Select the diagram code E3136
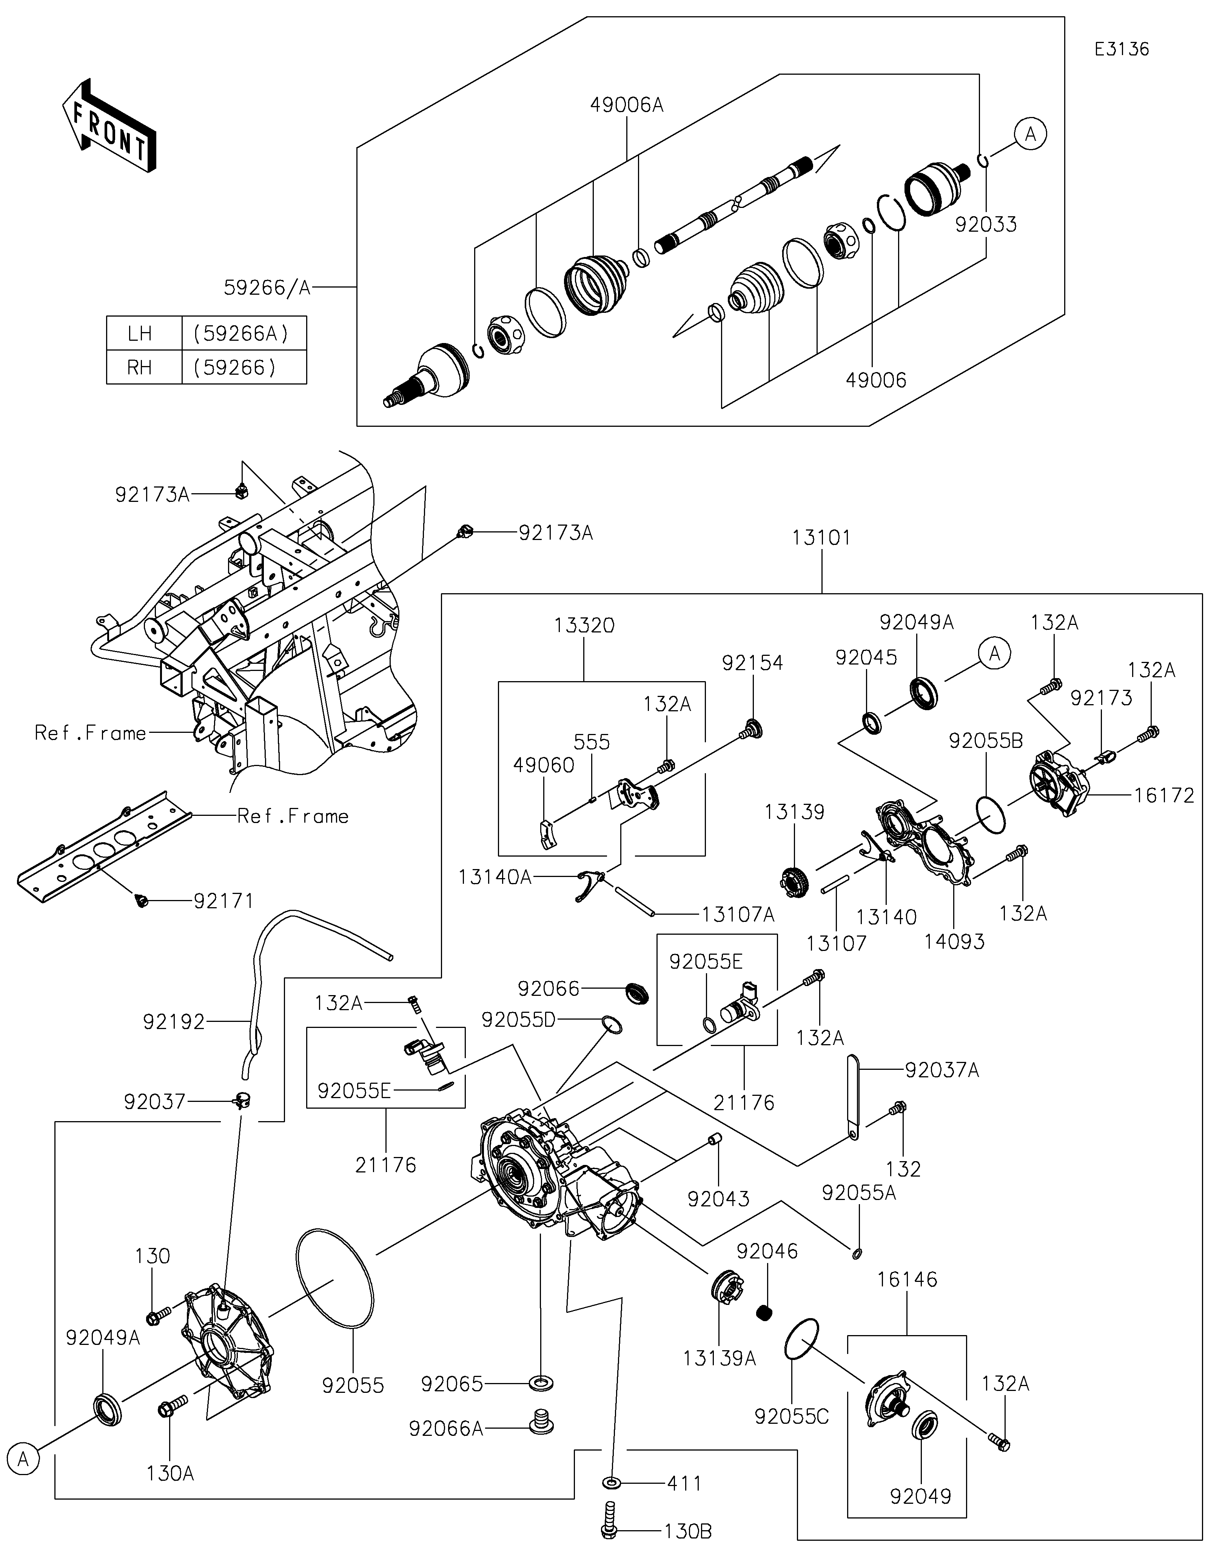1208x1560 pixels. [x=1122, y=49]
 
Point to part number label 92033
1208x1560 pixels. [x=986, y=224]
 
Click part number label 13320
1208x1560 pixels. [x=584, y=626]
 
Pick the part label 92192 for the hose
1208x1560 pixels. [x=174, y=1022]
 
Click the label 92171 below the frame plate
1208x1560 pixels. [x=223, y=902]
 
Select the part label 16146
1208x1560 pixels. [x=907, y=1279]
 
